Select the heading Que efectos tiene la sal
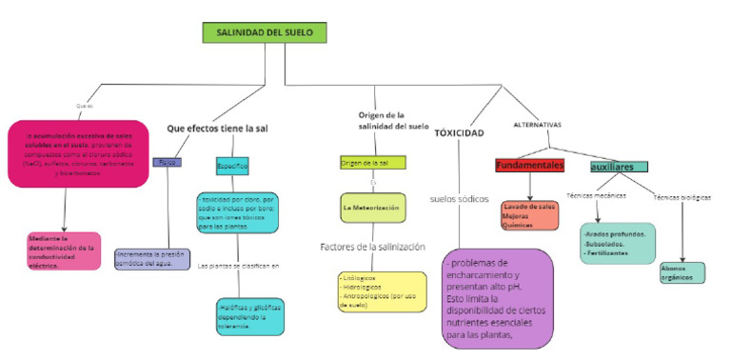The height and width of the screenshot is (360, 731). click(x=217, y=128)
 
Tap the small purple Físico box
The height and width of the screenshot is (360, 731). click(x=168, y=163)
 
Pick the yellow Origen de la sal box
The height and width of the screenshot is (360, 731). click(x=372, y=163)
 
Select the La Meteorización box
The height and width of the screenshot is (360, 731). click(x=373, y=207)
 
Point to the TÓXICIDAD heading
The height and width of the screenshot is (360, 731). click(x=460, y=132)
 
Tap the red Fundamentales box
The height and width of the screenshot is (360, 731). click(x=530, y=166)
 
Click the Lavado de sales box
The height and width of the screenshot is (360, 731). click(x=528, y=215)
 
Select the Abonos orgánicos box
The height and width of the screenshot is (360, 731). click(x=682, y=273)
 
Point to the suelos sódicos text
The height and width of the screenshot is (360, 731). click(x=460, y=200)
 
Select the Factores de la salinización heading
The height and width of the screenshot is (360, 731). click(x=373, y=247)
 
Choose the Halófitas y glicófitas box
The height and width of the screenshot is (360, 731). click(x=249, y=316)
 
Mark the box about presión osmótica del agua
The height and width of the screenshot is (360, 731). click(x=151, y=259)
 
